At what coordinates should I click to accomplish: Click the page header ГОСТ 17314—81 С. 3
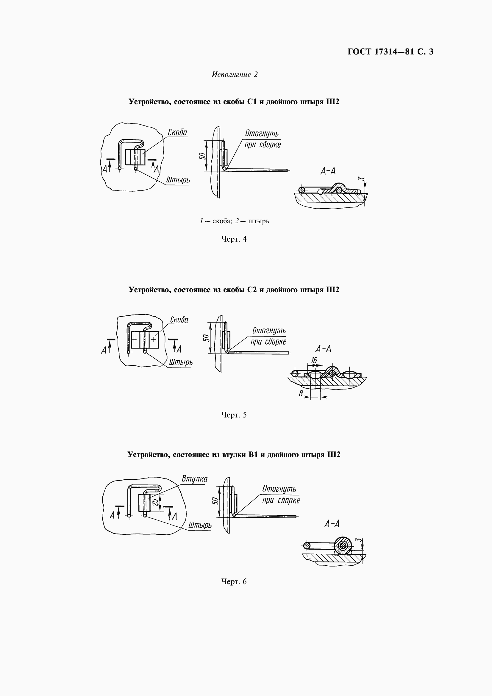coord(391,52)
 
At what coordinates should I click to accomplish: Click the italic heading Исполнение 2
coord(235,75)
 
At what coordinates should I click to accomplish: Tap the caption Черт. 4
coord(234,239)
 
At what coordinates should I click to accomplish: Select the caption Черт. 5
coord(234,415)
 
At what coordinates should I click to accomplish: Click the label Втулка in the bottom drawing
coord(194,479)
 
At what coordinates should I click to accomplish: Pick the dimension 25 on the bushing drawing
coord(155,502)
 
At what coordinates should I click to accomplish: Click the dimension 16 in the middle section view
coord(314,360)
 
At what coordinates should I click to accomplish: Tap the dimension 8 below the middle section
coord(301,394)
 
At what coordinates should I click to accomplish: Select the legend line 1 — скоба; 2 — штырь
coord(234,221)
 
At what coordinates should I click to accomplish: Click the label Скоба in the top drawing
coord(177,132)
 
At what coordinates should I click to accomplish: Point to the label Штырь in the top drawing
coord(178,180)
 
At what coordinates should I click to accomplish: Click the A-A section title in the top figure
coord(328,172)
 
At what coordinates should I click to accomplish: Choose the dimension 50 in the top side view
coord(202,156)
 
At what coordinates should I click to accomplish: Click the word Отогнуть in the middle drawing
coord(269,330)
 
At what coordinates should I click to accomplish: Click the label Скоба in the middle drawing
coord(179,320)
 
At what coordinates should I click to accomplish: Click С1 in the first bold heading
coord(252,102)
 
